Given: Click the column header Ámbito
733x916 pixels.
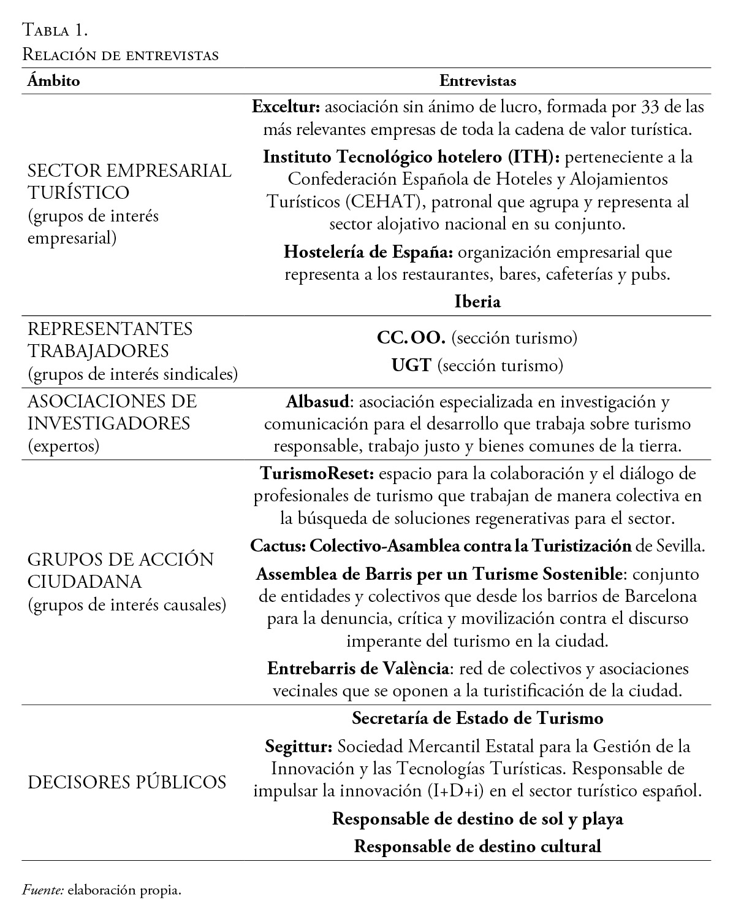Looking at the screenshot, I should point(53,81).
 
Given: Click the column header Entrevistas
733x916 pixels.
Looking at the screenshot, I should point(478,81).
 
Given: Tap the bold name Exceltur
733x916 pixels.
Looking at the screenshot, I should point(286,107).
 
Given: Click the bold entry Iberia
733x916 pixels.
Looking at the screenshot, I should point(478,302).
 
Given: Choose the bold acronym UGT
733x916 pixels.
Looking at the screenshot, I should point(412,366).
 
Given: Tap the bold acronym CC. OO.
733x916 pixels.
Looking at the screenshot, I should point(412,337).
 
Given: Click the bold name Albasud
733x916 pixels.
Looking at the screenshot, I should point(318,402).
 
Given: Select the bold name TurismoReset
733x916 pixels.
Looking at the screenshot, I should point(319,474).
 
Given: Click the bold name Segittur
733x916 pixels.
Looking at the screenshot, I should point(298,747).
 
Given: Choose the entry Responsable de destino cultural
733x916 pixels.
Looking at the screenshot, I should point(478,847).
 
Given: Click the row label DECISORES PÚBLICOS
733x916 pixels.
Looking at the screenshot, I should point(127,782).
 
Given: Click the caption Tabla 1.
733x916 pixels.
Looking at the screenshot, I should point(55,29).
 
